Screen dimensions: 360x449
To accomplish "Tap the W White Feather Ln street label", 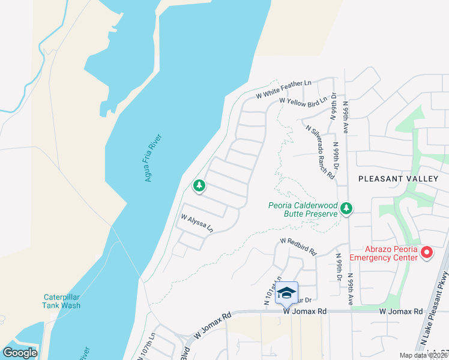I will (x=284, y=88).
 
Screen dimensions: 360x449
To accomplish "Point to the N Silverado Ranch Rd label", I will (x=319, y=151).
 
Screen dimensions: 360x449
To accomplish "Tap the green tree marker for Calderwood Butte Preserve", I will (x=346, y=209).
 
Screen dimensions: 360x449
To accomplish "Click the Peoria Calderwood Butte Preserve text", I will (x=303, y=209).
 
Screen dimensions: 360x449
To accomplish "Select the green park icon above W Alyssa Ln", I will (x=199, y=187).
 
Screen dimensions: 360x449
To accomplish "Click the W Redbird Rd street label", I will (x=298, y=245).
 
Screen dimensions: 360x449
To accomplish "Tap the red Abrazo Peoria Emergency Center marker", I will (x=427, y=253).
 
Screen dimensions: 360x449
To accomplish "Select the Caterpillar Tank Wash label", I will (x=62, y=301).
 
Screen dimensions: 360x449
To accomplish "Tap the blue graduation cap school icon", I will (x=287, y=293).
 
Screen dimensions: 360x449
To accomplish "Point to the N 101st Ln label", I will (x=272, y=292).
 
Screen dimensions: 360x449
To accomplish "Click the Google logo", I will (x=20, y=353).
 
